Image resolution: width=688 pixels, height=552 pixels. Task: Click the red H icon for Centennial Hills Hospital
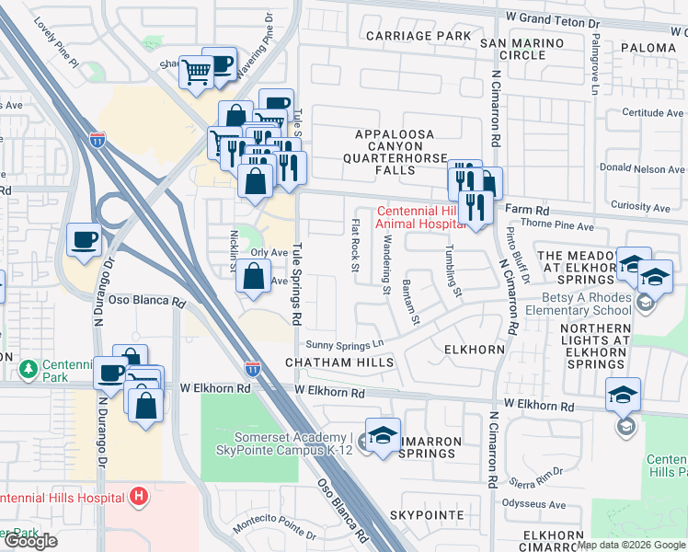pyautogui.click(x=139, y=497)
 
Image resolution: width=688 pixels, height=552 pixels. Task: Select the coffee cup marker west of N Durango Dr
pyautogui.click(x=85, y=241)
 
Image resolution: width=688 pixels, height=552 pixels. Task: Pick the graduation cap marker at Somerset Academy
pyautogui.click(x=384, y=436)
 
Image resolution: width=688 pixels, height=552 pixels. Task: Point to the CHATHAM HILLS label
pyautogui.click(x=339, y=362)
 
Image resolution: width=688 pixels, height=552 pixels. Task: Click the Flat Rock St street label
pyautogui.click(x=355, y=245)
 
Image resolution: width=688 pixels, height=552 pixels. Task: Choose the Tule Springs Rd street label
pyautogui.click(x=297, y=285)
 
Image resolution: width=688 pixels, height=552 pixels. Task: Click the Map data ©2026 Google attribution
pyautogui.click(x=631, y=545)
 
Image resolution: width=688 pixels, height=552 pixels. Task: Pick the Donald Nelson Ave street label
pyautogui.click(x=642, y=169)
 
